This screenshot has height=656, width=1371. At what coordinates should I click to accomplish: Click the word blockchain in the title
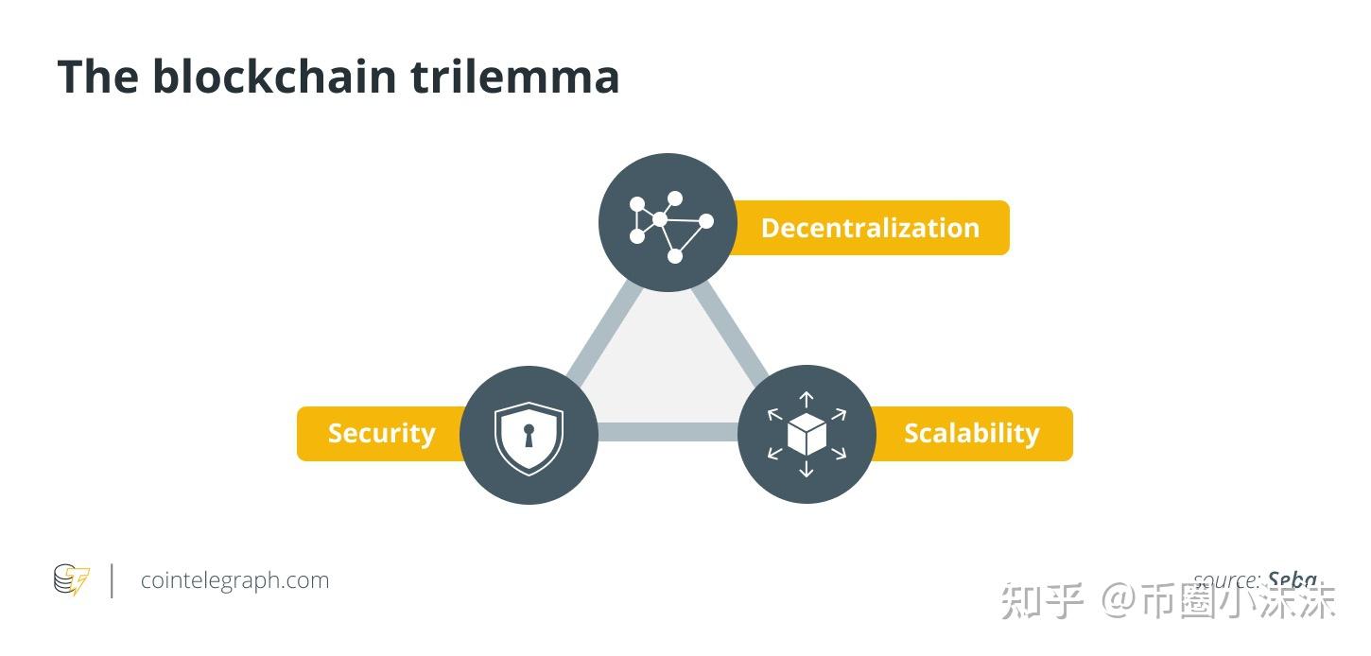pos(274,76)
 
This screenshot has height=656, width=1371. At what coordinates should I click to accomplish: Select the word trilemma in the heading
pos(515,76)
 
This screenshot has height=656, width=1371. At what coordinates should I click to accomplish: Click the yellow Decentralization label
pos(870,228)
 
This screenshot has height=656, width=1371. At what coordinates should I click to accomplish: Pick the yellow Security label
pos(381,434)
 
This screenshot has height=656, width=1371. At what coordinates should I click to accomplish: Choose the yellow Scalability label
pos(972,434)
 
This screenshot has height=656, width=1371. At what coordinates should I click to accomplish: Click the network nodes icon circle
pos(668,222)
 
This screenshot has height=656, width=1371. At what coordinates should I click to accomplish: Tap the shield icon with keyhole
pos(529,435)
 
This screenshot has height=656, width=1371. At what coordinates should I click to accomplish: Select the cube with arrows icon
pos(807,435)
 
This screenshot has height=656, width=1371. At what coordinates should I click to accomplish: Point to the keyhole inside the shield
pos(529,436)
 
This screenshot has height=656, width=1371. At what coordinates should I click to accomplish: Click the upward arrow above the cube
pos(807,400)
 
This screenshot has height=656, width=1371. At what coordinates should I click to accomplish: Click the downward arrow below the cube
pos(807,469)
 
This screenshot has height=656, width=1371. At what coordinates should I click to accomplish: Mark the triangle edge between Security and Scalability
pos(668,433)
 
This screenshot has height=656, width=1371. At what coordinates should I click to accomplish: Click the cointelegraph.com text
pos(234,580)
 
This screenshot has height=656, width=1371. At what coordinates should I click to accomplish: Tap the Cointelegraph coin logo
pos(71,579)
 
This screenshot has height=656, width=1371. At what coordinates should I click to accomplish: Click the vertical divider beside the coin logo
pos(113,580)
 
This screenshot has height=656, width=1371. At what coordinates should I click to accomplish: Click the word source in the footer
pos(1225,579)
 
